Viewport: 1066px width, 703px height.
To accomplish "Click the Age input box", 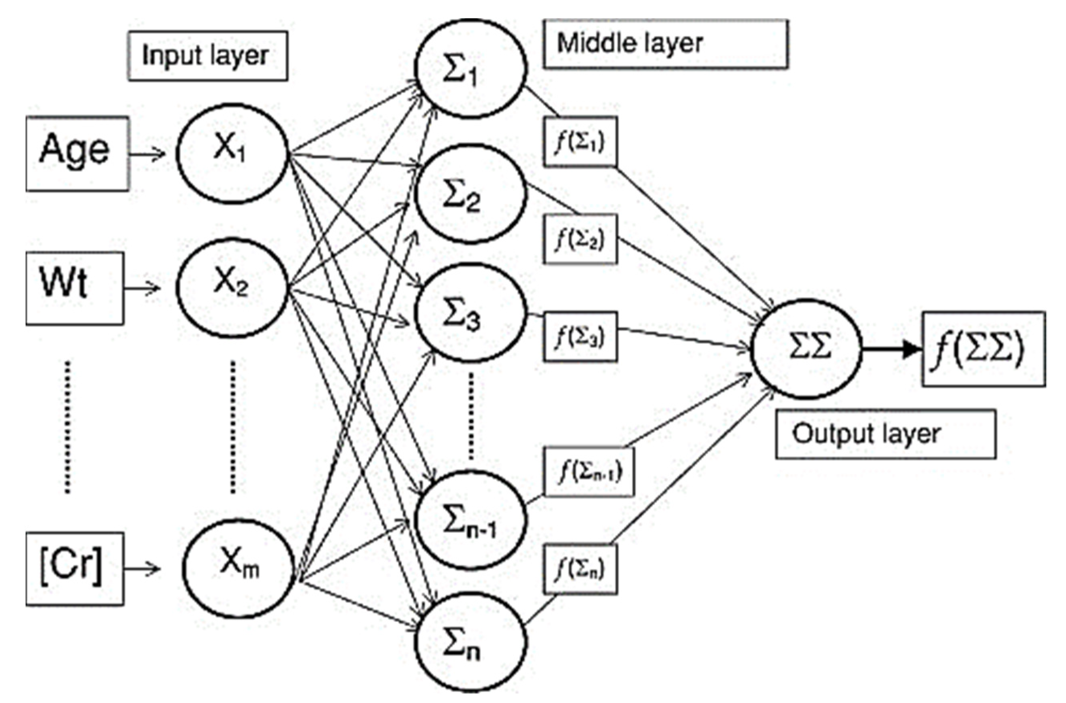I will [x=77, y=153].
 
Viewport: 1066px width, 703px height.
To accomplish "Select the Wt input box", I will [x=74, y=288].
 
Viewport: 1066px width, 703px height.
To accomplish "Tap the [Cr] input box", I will [x=74, y=568].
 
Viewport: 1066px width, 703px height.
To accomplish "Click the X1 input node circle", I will [x=231, y=153].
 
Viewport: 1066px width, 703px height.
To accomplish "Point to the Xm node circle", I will [x=238, y=568].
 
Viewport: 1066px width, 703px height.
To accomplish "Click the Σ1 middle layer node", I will [x=470, y=68].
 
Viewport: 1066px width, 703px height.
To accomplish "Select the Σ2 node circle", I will [x=470, y=194].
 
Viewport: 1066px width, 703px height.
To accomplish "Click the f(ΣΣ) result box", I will [x=984, y=349].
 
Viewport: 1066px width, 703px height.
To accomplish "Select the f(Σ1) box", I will [x=580, y=141].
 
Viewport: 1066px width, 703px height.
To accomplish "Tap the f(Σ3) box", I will [x=580, y=337].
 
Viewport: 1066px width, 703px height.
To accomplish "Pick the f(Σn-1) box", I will [x=589, y=471].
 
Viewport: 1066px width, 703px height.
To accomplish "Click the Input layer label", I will [x=207, y=56].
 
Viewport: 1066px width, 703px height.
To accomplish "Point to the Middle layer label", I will [x=665, y=44].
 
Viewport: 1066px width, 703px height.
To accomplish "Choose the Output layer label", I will [x=886, y=434].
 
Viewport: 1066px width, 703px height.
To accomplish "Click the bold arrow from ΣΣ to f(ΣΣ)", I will [x=890, y=349].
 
